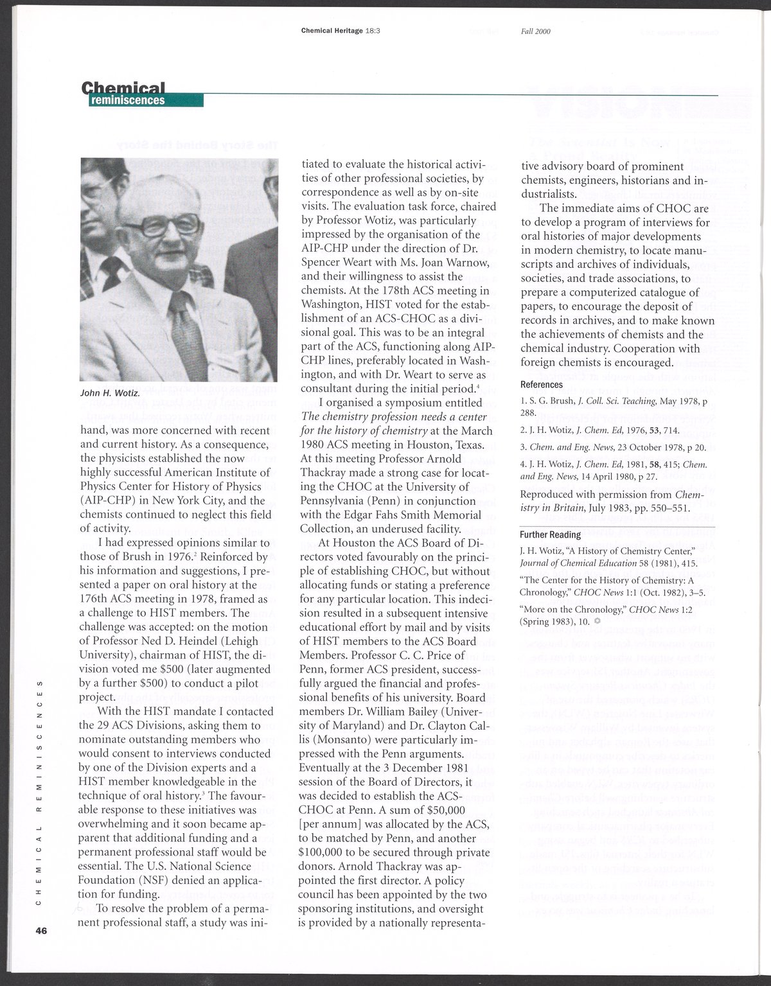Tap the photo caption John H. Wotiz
point(109,392)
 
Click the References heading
point(542,385)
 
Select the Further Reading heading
point(551,534)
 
